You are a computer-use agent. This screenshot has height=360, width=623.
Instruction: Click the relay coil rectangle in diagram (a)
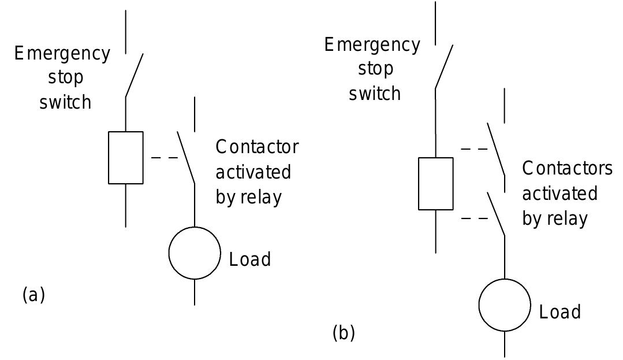pyautogui.click(x=126, y=157)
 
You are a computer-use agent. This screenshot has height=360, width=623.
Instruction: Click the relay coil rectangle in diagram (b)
pyautogui.click(x=435, y=183)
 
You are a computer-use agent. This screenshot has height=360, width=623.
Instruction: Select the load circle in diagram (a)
pyautogui.click(x=195, y=253)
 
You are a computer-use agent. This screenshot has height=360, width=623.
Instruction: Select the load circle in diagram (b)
pyautogui.click(x=505, y=305)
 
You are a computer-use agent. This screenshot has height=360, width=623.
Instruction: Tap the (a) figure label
pyautogui.click(x=33, y=295)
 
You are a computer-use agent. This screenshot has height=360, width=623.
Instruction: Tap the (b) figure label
pyautogui.click(x=344, y=333)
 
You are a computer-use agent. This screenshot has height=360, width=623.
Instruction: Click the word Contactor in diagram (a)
pyautogui.click(x=257, y=147)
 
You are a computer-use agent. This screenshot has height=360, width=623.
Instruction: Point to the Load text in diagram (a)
pyautogui.click(x=250, y=259)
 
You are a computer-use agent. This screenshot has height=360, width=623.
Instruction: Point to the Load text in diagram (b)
pyautogui.click(x=559, y=312)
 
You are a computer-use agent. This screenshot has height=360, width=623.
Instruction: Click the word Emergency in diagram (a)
pyautogui.click(x=62, y=54)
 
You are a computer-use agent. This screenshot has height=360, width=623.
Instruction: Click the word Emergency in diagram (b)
pyautogui.click(x=372, y=45)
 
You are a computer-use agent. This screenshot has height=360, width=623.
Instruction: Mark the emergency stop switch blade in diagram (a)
pyautogui.click(x=134, y=75)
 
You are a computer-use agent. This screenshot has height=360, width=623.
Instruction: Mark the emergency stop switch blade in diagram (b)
pyautogui.click(x=444, y=66)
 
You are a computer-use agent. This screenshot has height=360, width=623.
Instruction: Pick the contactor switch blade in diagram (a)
pyautogui.click(x=186, y=157)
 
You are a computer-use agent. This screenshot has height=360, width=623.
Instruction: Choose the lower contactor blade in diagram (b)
pyautogui.click(x=496, y=214)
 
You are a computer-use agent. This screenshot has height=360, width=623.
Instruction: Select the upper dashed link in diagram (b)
pyautogui.click(x=474, y=149)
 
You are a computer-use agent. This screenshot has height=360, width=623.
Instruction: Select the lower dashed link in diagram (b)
pyautogui.click(x=474, y=218)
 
